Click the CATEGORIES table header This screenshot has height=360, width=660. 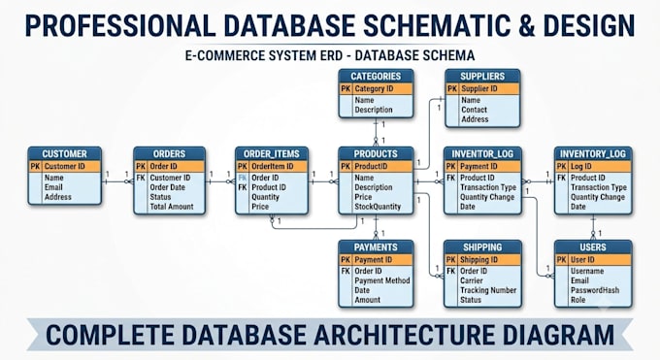click(376, 77)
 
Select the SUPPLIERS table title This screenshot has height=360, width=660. click(482, 77)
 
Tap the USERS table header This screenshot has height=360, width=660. click(593, 247)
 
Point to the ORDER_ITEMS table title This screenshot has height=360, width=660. click(272, 153)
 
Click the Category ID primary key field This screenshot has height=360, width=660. click(374, 89)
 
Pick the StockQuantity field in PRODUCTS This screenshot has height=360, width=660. click(378, 207)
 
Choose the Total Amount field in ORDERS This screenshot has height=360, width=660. click(172, 207)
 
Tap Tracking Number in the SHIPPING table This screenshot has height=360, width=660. click(488, 290)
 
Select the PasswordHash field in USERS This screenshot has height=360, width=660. click(595, 290)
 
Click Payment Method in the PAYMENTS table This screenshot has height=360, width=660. click(382, 280)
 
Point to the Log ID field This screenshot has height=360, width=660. click(580, 167)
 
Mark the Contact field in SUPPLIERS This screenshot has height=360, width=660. click(474, 110)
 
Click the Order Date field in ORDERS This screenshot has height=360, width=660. click(168, 187)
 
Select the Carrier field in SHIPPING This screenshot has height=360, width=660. click(472, 280)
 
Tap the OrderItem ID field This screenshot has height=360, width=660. click(273, 167)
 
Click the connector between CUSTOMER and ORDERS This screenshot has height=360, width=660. click(117, 181)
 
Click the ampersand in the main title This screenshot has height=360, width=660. click(526, 25)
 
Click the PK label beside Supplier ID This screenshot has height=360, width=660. click(452, 89)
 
